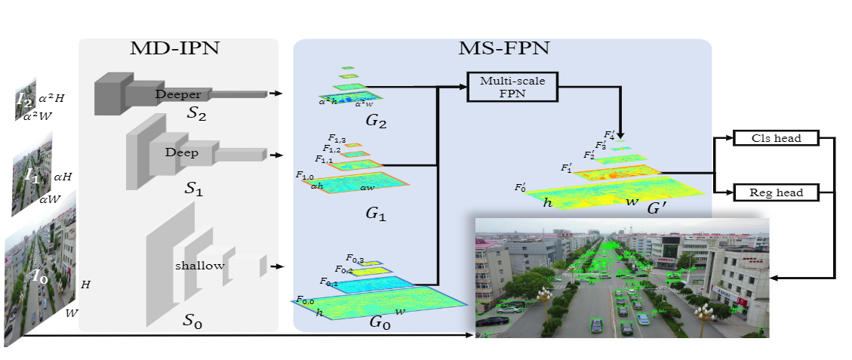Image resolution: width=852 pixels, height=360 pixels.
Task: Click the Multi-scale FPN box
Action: click(512, 87)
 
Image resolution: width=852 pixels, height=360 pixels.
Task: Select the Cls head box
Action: click(776, 138)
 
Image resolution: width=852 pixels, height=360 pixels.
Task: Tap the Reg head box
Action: click(776, 192)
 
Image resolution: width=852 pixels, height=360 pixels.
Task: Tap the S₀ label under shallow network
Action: click(193, 320)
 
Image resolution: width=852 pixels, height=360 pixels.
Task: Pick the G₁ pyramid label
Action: click(375, 214)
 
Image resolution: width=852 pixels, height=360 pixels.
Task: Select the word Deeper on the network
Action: click(178, 94)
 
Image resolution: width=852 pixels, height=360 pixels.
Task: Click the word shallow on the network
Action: click(199, 265)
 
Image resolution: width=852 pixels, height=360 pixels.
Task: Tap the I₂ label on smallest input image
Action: click(24, 98)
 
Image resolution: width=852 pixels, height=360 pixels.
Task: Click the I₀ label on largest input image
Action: click(38, 276)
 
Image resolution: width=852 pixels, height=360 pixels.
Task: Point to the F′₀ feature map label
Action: click(521, 187)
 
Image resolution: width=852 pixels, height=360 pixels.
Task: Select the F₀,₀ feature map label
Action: click(305, 300)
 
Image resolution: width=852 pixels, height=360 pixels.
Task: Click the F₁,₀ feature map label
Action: click(305, 176)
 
